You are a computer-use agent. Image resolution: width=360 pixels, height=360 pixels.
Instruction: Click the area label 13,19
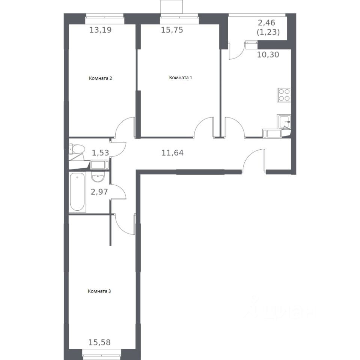click(x=101, y=30)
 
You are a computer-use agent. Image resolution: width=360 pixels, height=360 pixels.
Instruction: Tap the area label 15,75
click(x=172, y=30)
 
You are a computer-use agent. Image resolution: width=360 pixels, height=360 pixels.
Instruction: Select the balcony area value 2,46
click(x=267, y=23)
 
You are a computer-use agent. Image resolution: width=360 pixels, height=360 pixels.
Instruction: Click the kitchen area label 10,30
click(x=268, y=55)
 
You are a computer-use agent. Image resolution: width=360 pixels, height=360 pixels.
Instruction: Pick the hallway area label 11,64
click(x=172, y=153)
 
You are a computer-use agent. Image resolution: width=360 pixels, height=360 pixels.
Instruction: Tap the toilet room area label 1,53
click(x=101, y=153)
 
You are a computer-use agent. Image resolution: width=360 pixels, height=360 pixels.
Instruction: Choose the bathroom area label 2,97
click(x=99, y=192)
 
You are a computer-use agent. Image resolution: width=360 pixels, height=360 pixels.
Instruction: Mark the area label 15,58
click(x=99, y=342)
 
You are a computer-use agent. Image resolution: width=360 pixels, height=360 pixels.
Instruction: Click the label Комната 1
click(x=181, y=78)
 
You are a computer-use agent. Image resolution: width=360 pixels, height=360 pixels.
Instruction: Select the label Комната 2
click(x=101, y=78)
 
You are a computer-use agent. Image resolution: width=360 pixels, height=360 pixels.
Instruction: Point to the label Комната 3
click(x=99, y=291)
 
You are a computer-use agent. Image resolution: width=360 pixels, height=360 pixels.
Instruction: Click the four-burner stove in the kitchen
click(x=284, y=95)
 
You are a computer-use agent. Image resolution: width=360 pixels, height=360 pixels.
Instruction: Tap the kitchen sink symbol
click(x=284, y=121)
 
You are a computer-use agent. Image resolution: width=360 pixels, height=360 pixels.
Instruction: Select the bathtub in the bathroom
click(x=77, y=192)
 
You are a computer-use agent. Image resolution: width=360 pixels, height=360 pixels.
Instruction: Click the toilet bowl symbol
click(x=77, y=149)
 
